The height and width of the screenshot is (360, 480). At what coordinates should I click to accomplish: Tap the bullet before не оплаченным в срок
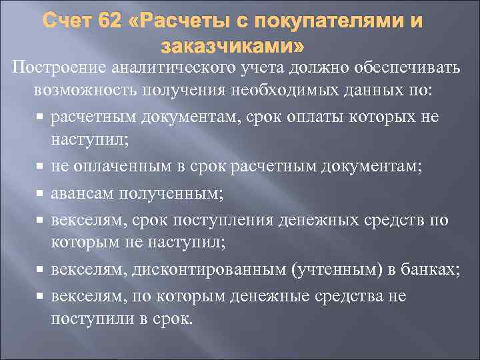click(40, 167)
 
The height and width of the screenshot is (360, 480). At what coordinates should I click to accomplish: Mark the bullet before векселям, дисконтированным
click(40, 270)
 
